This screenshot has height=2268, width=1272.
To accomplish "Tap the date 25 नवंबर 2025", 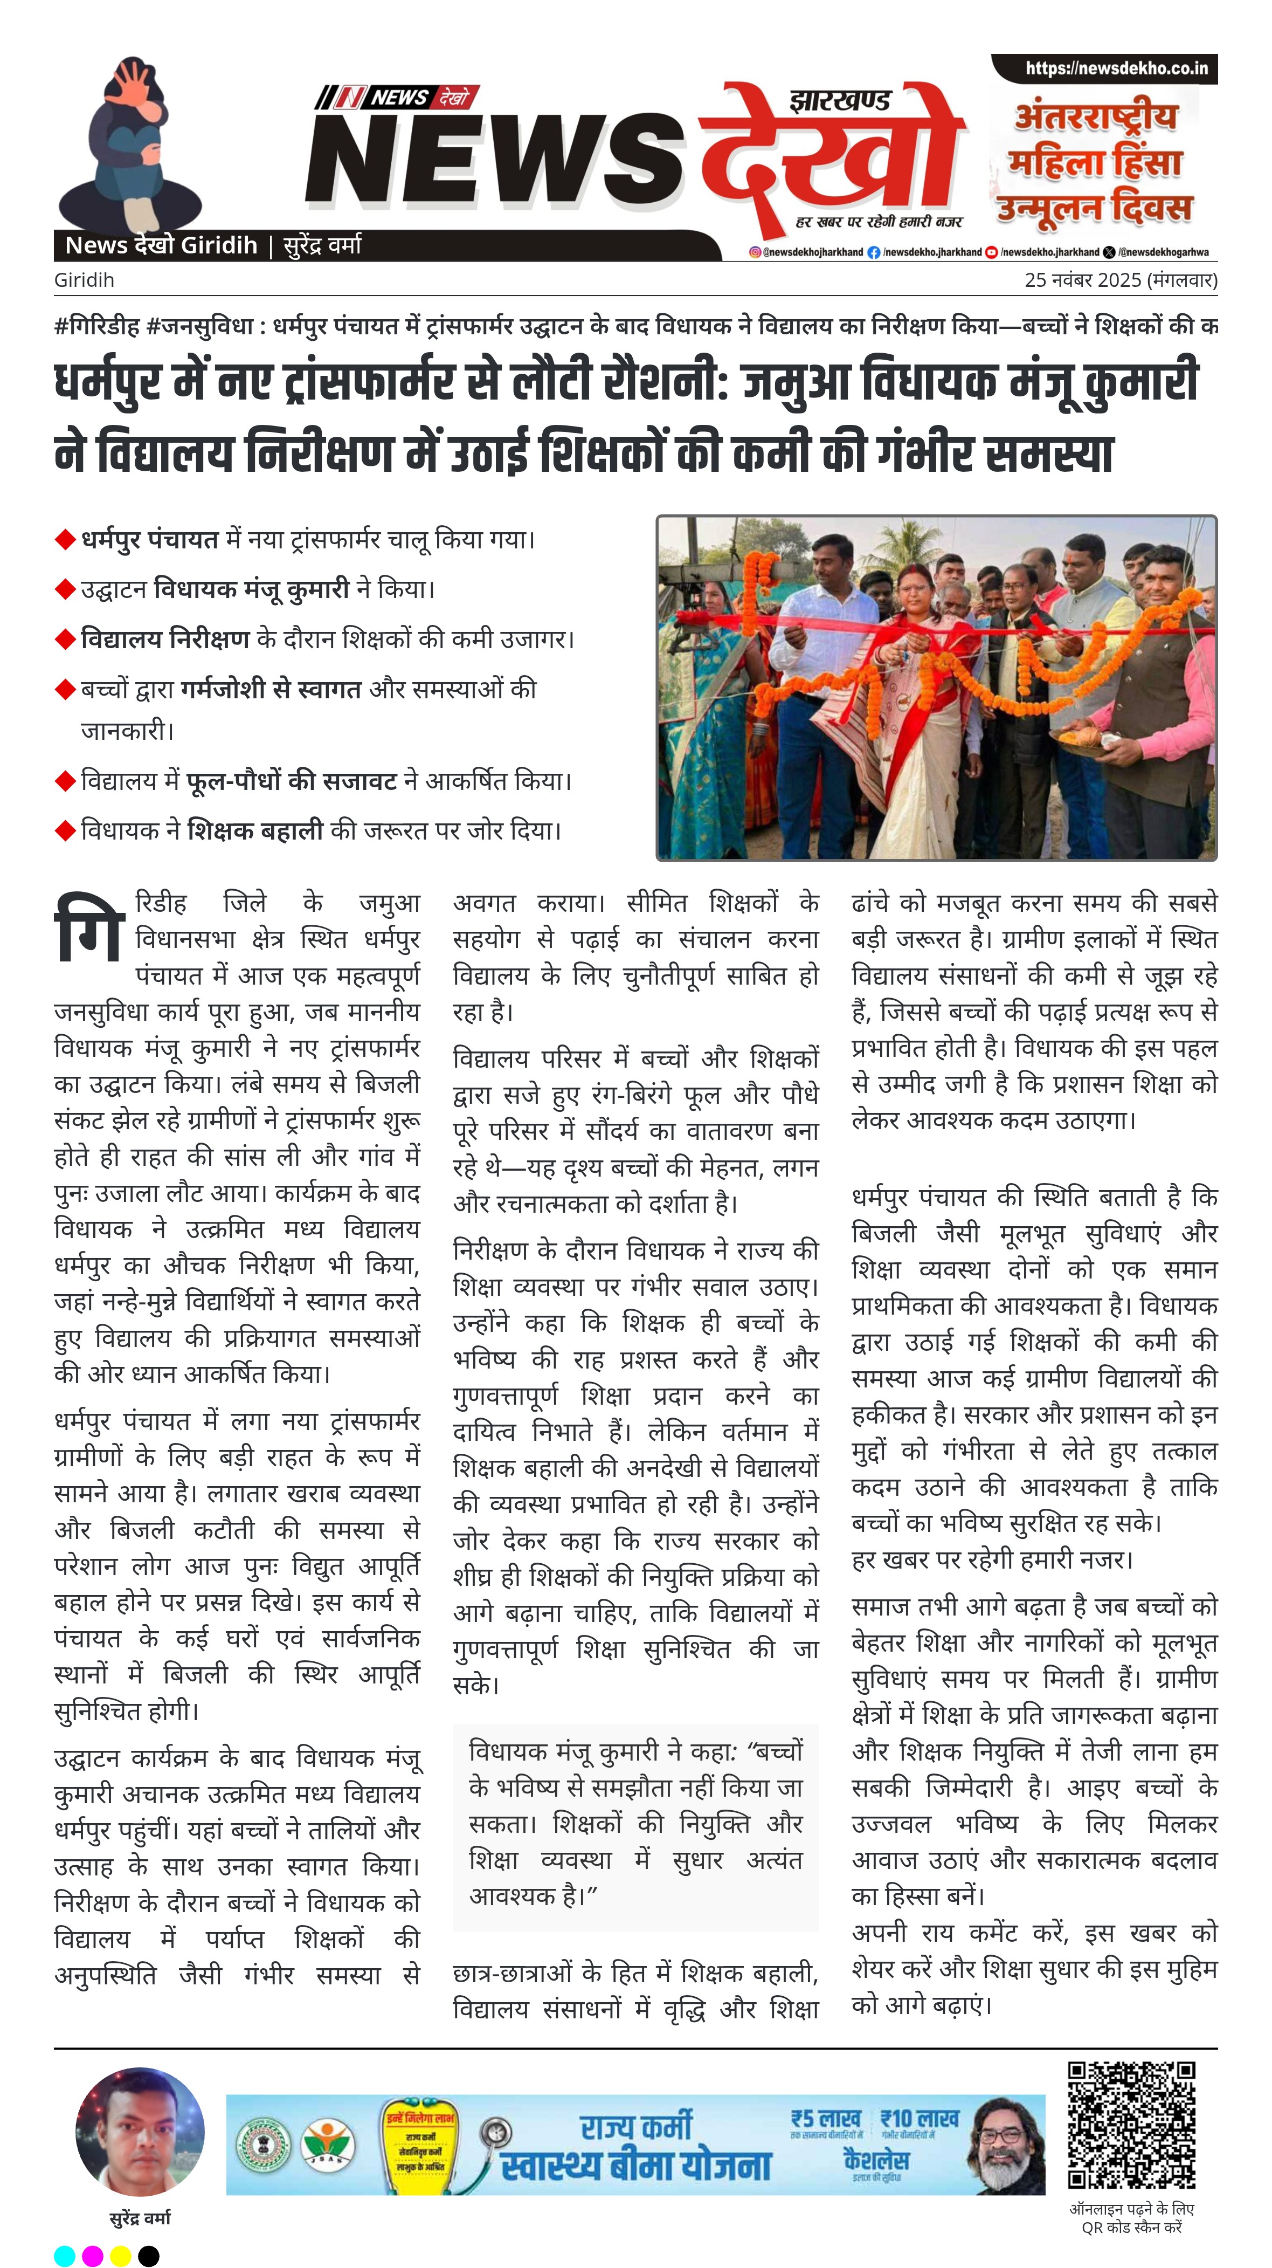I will (1083, 280).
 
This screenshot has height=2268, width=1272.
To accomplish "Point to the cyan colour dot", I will (64, 2256).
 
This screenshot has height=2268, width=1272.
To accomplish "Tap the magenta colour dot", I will (92, 2256).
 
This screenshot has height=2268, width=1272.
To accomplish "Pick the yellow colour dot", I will (121, 2256).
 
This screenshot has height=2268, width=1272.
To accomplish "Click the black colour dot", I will (149, 2256).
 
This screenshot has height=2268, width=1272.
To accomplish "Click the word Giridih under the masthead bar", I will (84, 280).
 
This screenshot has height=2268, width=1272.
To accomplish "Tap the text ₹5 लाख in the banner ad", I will (824, 2118).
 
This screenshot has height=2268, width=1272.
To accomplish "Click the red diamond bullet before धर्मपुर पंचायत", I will (65, 540).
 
